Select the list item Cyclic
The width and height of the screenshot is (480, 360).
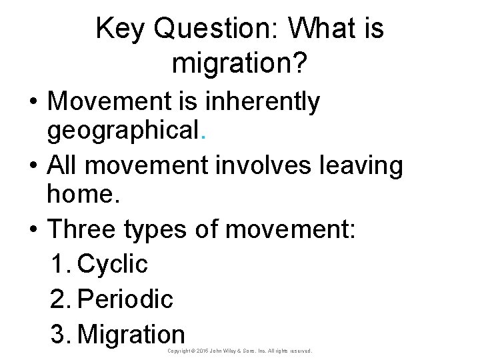pos(113,265)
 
